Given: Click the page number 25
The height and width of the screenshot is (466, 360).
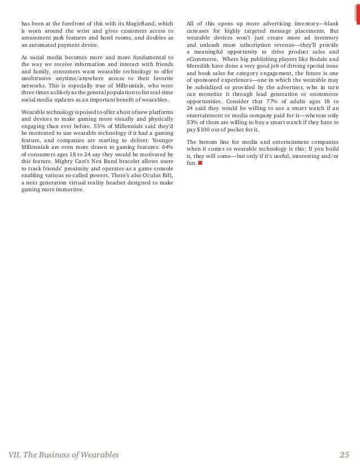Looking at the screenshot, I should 345,455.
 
